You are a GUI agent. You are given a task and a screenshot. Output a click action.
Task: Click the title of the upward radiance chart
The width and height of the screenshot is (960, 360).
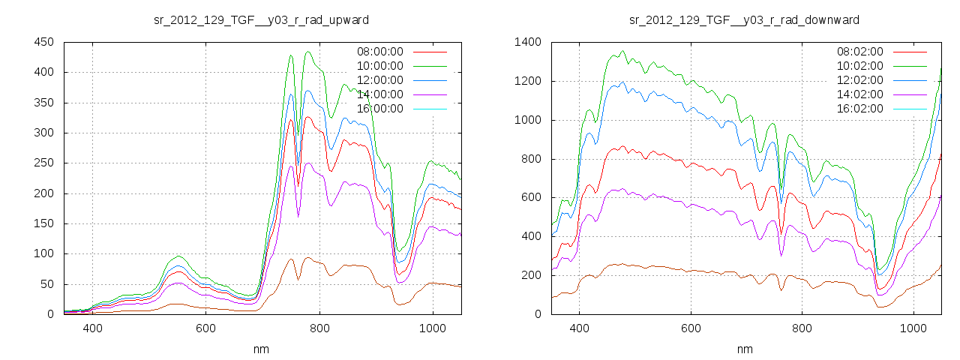261,19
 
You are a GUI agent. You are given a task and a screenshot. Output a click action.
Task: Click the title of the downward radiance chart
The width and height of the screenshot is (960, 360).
744,19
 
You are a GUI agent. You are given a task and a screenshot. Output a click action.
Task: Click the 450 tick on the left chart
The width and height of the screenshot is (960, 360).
43,43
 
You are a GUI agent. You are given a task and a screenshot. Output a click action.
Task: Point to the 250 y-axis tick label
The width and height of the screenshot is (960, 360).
43,163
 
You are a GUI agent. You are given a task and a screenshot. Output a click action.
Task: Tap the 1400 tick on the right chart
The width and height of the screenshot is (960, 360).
527,43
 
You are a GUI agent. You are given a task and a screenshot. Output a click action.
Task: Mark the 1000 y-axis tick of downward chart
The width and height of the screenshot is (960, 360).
527,120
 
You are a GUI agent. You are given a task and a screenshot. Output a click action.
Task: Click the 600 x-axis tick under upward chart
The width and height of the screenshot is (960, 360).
205,328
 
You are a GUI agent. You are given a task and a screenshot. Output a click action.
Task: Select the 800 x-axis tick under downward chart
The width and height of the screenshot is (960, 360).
802,328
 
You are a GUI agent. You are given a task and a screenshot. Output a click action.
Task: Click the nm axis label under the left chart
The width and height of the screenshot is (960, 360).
262,349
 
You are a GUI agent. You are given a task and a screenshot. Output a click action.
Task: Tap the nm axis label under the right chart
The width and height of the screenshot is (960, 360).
745,349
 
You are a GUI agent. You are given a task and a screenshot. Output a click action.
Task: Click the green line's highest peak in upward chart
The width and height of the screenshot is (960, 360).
308,52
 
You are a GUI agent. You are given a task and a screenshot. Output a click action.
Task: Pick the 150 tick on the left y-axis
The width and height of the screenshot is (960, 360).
43,223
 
